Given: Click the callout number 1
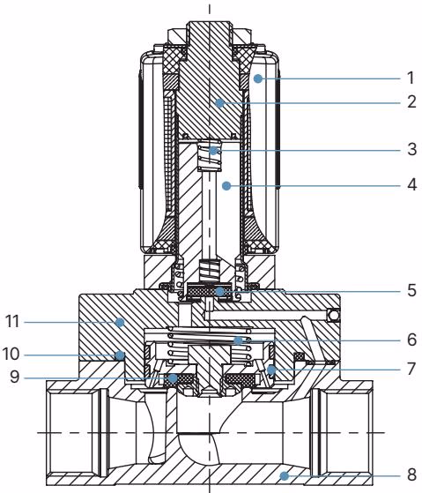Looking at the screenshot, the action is point(411,78).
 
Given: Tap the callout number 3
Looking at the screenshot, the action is point(412,149).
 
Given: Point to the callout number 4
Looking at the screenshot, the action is point(412,184).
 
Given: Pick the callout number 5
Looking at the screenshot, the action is point(412,290).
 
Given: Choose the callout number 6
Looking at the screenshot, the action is point(412,340).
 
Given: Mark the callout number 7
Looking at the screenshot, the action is point(412,369).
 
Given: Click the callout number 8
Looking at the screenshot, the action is point(412,474).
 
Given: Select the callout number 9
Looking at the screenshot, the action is point(15,377).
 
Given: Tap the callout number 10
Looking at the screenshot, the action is point(11,354).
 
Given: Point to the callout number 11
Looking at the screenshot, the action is point(12,321).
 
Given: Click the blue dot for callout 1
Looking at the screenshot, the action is point(258,78).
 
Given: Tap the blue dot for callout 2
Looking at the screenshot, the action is point(219,103).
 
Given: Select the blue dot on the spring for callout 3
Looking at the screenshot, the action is point(214,151).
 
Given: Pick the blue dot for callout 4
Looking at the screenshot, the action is point(226,186).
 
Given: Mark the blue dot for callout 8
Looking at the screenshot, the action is point(285,475).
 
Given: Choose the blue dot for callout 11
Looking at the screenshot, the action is point(119,322).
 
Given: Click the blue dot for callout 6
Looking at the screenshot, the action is point(239,340).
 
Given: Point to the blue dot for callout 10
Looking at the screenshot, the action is point(120,355).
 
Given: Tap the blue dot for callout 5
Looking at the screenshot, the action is point(219,291).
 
